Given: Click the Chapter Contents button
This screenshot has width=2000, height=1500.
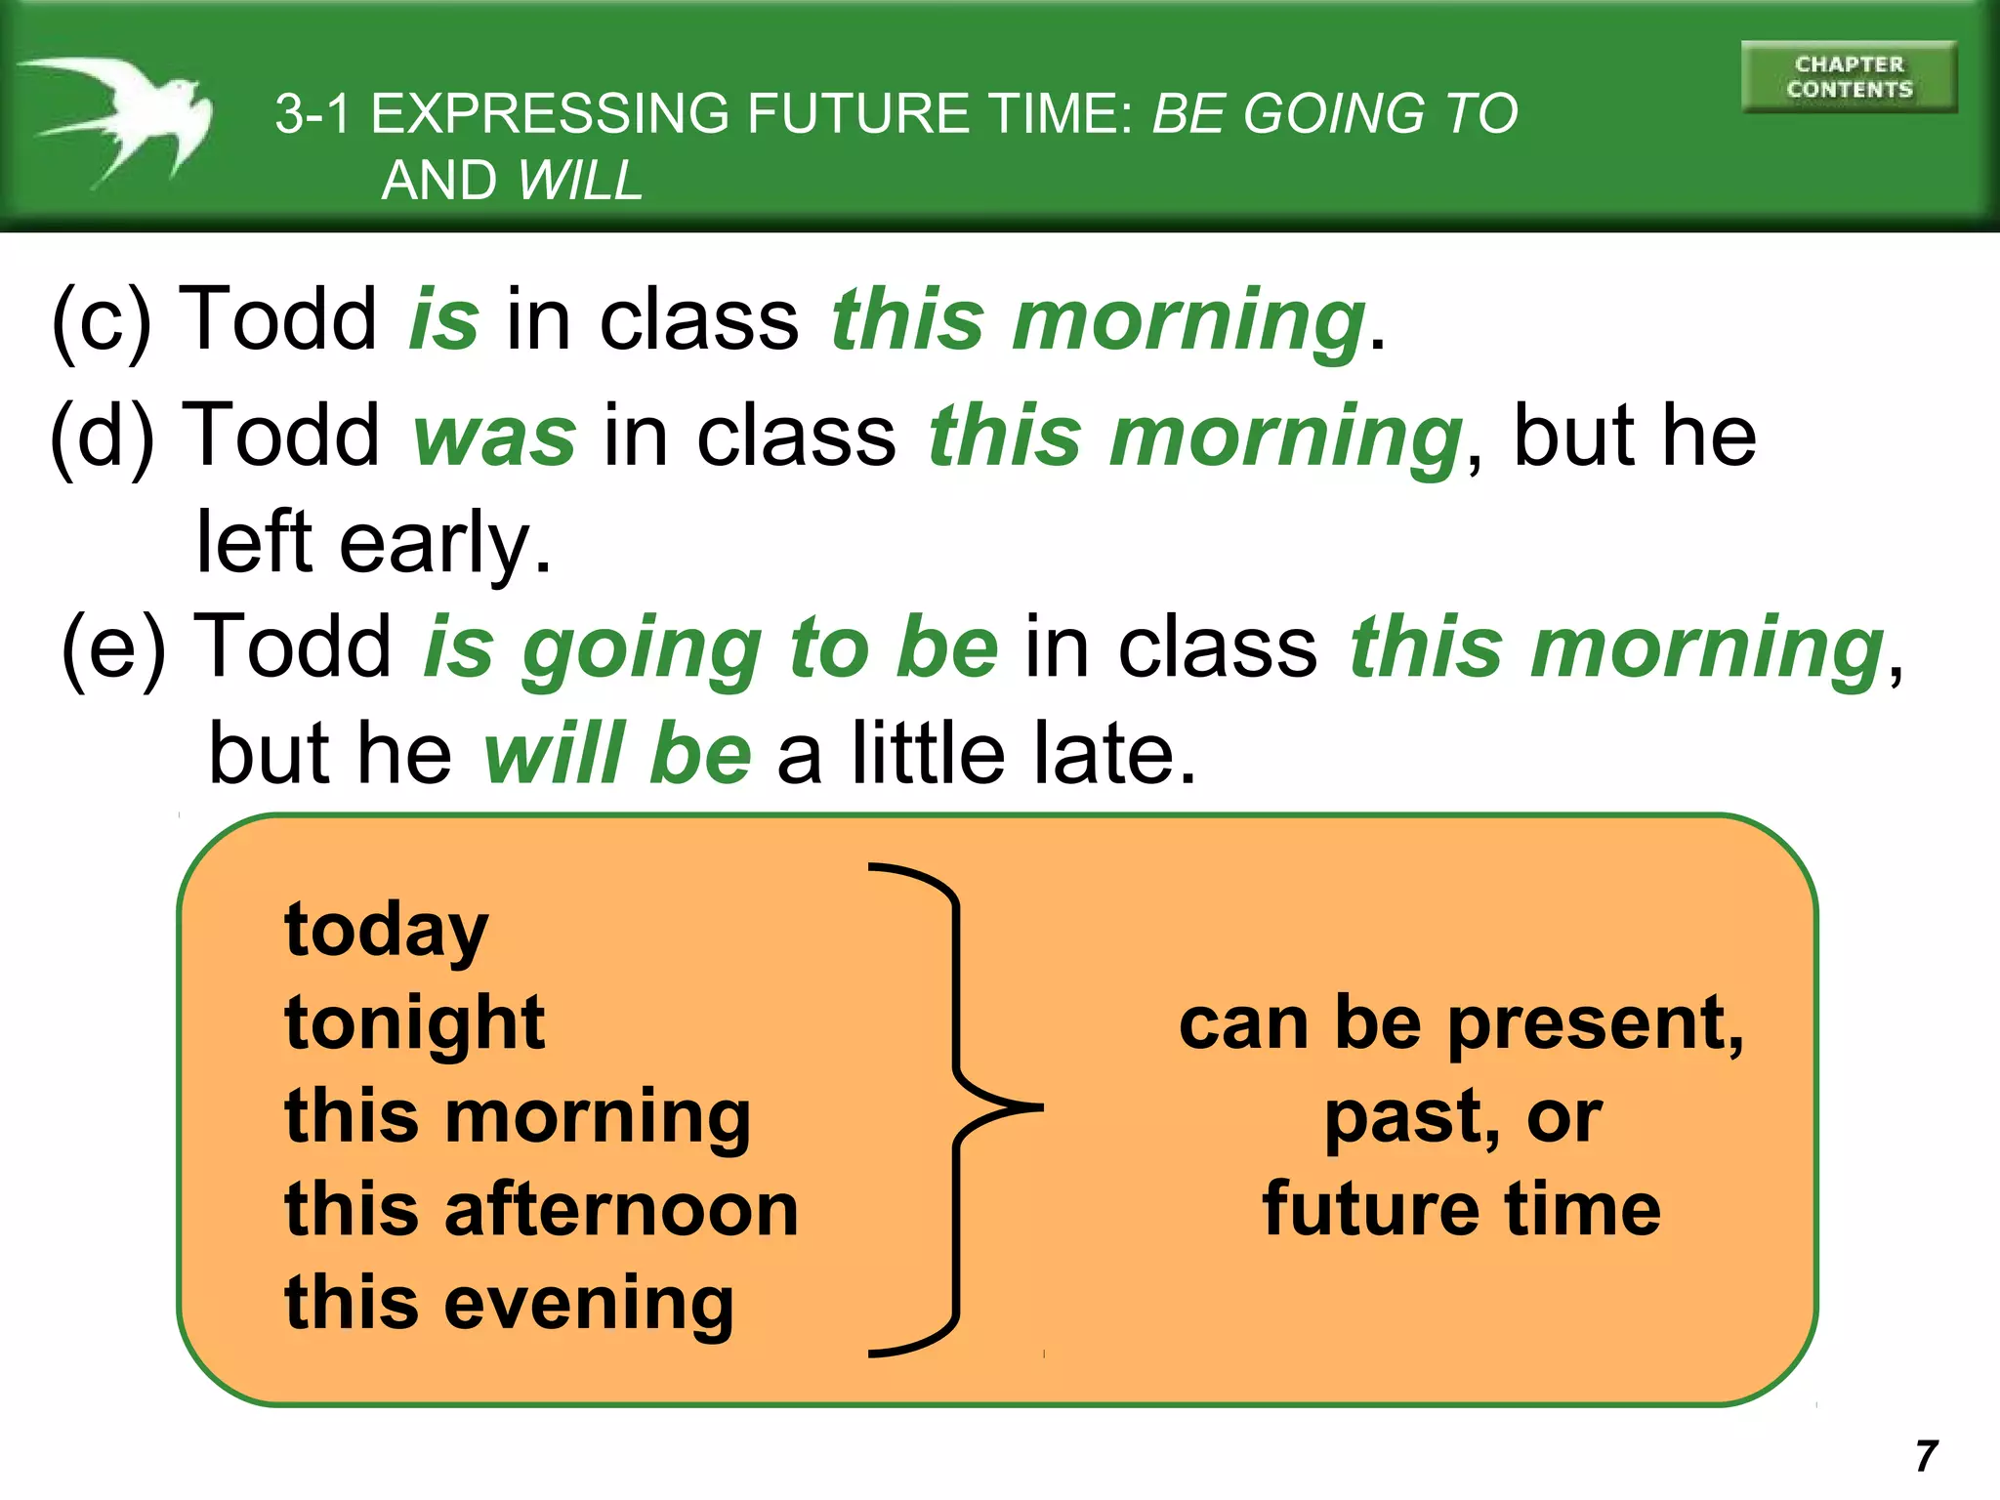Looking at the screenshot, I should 1849,77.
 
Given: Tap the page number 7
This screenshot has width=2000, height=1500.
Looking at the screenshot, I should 1926,1456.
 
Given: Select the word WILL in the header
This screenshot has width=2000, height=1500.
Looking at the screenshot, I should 580,181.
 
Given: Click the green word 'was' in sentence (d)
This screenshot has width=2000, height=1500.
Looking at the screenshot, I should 494,436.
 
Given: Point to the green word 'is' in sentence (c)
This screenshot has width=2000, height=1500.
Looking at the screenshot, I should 443,320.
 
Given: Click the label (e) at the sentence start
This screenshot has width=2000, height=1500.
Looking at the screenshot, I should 113,647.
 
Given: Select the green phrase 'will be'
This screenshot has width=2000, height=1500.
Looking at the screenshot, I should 617,754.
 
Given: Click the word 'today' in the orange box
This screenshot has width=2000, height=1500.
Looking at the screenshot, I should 386,931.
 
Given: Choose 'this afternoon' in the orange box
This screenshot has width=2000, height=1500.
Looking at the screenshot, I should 541,1210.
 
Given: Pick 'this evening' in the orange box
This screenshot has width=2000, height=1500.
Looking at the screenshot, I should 509,1304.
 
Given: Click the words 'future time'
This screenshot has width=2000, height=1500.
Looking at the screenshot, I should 1461,1210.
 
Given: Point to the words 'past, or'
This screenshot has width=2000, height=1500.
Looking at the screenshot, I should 1462,1117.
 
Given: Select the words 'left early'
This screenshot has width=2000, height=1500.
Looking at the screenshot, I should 373,543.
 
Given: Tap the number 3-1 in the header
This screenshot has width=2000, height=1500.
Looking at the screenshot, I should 312,114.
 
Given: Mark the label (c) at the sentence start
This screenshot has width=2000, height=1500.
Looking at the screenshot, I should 102,320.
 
